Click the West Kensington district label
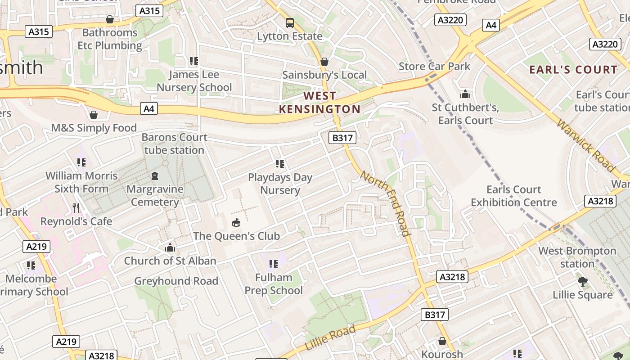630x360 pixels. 319,102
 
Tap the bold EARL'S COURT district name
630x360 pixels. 573,69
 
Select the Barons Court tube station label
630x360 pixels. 174,144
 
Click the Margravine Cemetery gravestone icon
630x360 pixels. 155,175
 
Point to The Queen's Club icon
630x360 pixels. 236,222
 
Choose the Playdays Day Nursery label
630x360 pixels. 280,184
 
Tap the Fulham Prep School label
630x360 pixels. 274,284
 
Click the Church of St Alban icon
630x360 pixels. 170,247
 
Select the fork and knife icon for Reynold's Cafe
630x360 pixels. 76,207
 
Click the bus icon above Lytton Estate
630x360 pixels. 290,22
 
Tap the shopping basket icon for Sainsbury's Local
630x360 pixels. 324,62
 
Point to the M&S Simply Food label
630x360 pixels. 94,128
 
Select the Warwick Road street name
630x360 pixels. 585,145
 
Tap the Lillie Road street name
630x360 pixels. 330,337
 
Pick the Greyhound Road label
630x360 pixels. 176,281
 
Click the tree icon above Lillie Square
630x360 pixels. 583,282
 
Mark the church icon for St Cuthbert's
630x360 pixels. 465,94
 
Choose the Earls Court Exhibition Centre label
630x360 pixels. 513,196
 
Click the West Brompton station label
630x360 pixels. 577,257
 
